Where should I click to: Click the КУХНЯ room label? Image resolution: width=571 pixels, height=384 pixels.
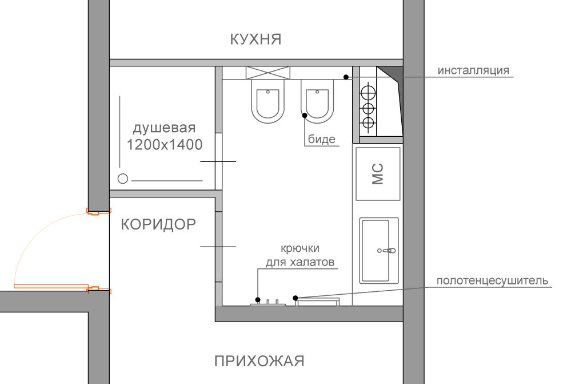[x=255, y=39]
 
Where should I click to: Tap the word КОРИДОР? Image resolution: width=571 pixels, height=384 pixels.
[x=158, y=224]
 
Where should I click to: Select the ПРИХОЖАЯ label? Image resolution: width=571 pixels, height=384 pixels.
[x=259, y=361]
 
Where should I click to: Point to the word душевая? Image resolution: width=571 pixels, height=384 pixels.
[x=165, y=128]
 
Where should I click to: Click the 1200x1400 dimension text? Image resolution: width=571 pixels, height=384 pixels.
[x=165, y=145]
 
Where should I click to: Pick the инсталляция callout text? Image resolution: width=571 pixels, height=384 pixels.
[x=473, y=70]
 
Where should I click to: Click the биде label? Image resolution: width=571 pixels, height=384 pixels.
[x=322, y=139]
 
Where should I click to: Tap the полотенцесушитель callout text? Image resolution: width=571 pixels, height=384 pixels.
[x=492, y=280]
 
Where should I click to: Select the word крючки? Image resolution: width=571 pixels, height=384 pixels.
[x=300, y=248]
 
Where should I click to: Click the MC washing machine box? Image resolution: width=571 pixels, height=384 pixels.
[x=378, y=174]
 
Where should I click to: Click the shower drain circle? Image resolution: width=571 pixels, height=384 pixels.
[x=123, y=179]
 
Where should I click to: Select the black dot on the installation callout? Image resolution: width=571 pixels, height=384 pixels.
[x=346, y=77]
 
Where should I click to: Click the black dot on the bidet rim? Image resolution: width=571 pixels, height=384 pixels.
[x=305, y=115]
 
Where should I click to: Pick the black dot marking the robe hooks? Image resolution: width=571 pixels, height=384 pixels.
[x=258, y=300]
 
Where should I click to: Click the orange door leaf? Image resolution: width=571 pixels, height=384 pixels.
[x=51, y=286]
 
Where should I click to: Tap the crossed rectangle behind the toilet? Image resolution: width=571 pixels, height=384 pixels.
[x=268, y=73]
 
